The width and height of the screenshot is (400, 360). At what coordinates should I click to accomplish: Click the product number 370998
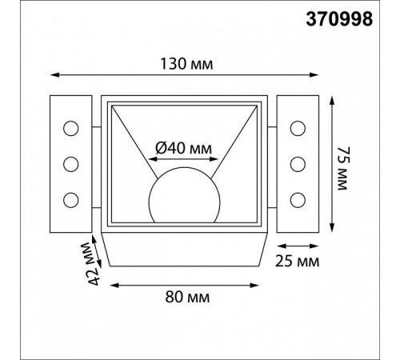339,19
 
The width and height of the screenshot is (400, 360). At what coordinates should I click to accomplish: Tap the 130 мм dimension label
186,64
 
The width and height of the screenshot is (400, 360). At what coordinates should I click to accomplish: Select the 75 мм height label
343,168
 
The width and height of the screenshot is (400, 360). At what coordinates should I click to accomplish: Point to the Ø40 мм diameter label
183,148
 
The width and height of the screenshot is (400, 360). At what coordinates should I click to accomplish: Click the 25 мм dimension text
297,261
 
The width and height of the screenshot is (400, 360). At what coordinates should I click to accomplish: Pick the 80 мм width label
187,297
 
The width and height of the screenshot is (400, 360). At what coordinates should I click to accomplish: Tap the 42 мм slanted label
93,263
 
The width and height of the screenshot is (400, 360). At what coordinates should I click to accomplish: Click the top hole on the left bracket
71,128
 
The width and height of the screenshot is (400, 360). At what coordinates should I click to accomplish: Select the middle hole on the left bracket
71,164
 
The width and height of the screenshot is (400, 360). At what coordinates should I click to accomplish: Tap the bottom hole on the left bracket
71,200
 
